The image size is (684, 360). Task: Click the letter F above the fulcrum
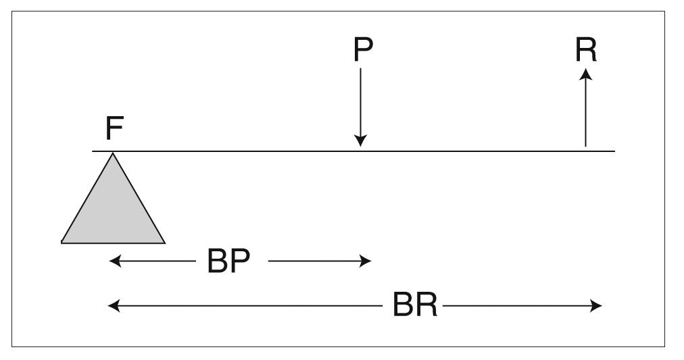click(114, 128)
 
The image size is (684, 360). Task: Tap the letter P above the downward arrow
click(362, 49)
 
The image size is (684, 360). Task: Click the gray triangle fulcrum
click(113, 209)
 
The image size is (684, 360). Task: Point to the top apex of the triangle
click(113, 155)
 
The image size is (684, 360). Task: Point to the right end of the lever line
click(614, 151)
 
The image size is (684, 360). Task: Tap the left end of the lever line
click(93, 151)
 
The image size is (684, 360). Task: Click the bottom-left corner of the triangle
click(62, 241)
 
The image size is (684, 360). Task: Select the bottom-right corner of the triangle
click(164, 241)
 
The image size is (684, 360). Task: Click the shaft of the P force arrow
click(361, 101)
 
